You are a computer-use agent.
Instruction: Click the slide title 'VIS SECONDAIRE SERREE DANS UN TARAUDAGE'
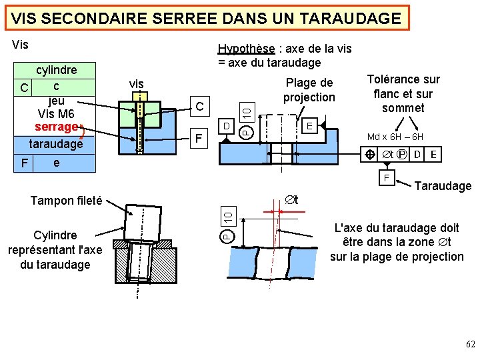click(x=207, y=18)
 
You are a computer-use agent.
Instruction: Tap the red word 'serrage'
click(x=56, y=126)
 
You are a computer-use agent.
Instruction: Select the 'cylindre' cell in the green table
click(x=56, y=70)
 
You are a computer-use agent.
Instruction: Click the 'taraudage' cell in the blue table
click(x=56, y=143)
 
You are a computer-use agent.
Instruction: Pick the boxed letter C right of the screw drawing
click(x=199, y=106)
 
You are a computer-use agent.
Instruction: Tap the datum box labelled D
click(x=227, y=125)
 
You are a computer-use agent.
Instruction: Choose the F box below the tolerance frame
click(x=386, y=178)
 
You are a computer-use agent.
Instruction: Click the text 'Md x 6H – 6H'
click(x=395, y=137)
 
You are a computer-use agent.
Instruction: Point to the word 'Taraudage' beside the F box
click(x=443, y=187)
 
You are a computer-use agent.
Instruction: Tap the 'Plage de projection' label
click(x=309, y=90)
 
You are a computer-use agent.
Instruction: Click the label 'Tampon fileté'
click(x=66, y=200)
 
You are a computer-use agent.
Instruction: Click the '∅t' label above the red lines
click(x=291, y=199)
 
